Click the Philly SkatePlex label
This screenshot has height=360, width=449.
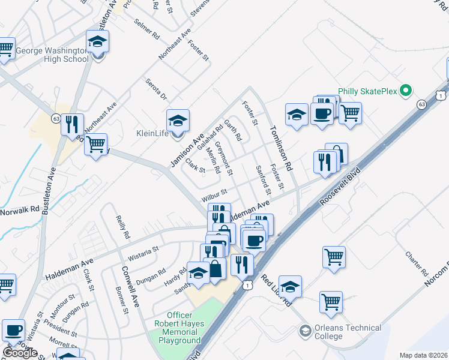point(368,91)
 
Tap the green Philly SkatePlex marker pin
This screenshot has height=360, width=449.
point(406,91)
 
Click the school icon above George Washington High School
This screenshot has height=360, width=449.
point(97,43)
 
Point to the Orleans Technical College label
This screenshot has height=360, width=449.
point(349,332)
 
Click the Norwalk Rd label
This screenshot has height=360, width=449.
point(20,211)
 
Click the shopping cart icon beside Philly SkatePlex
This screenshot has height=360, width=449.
point(350,112)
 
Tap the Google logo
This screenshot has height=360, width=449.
point(20,353)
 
